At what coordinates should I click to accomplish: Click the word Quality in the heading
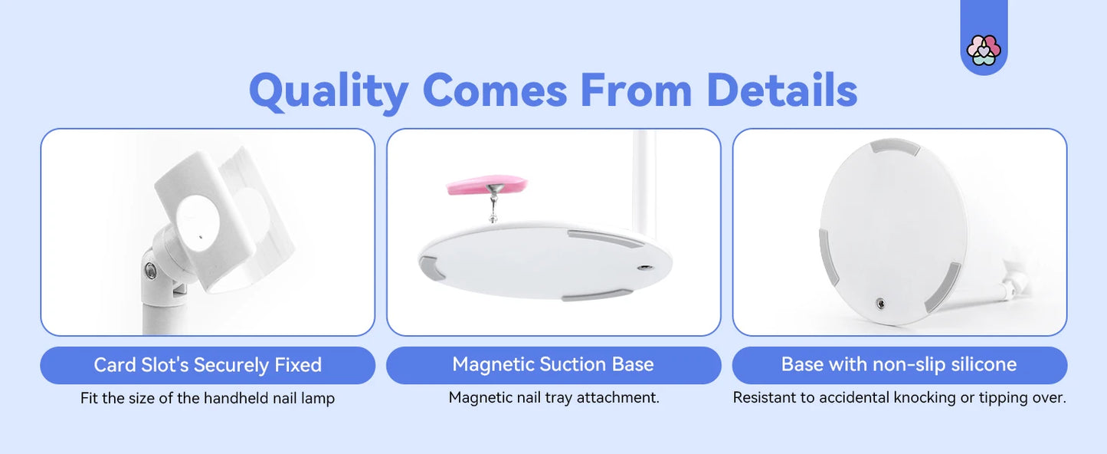click(x=328, y=90)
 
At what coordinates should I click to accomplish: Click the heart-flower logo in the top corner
click(x=984, y=51)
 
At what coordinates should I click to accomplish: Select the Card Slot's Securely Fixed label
click(x=208, y=365)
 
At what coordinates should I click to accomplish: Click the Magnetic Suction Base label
click(x=553, y=364)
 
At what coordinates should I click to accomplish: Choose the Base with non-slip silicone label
click(x=899, y=364)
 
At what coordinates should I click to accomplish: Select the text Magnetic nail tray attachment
click(x=553, y=398)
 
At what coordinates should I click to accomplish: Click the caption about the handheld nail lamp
click(x=208, y=399)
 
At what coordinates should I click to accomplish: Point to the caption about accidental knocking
click(x=899, y=398)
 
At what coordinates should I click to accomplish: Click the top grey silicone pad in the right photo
click(x=896, y=147)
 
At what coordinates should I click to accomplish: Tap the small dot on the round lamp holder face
click(x=200, y=239)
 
